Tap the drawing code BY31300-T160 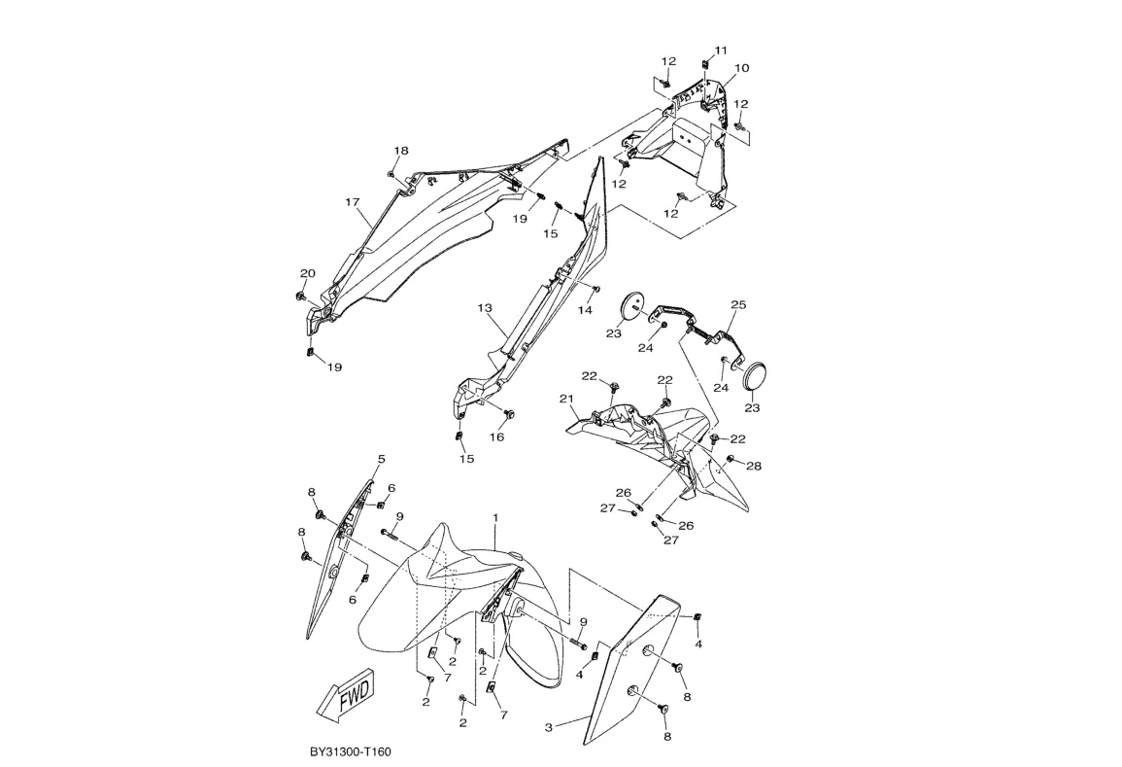pyautogui.click(x=351, y=752)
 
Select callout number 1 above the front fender pyautogui.click(x=494, y=517)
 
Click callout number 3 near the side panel pyautogui.click(x=549, y=728)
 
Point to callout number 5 pyautogui.click(x=382, y=458)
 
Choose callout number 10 pyautogui.click(x=741, y=68)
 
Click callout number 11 pyautogui.click(x=721, y=51)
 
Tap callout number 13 pyautogui.click(x=485, y=308)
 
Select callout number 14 pyautogui.click(x=586, y=310)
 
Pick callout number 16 pyautogui.click(x=496, y=436)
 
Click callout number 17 pyautogui.click(x=352, y=202)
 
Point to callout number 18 pyautogui.click(x=400, y=151)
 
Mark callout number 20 pyautogui.click(x=307, y=273)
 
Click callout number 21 pyautogui.click(x=566, y=399)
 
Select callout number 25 pyautogui.click(x=738, y=304)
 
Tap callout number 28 pyautogui.click(x=754, y=467)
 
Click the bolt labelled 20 pyautogui.click(x=300, y=296)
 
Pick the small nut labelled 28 pyautogui.click(x=730, y=459)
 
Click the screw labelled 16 pyautogui.click(x=511, y=414)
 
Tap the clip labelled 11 pyautogui.click(x=705, y=64)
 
